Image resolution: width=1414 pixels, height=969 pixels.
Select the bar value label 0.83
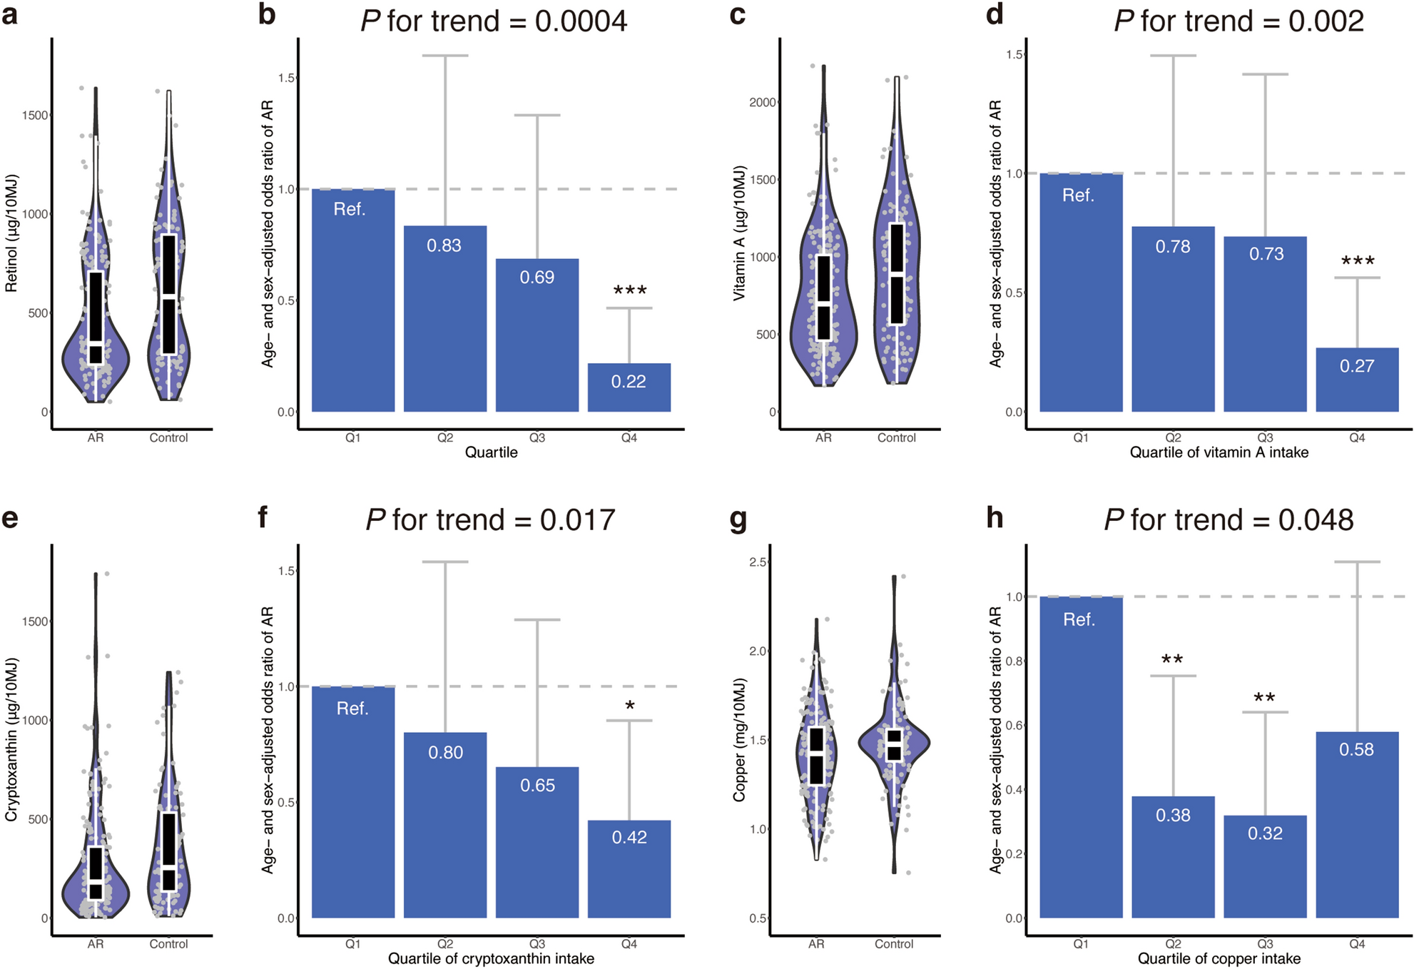click(444, 245)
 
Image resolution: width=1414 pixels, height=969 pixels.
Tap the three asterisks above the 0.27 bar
click(1358, 262)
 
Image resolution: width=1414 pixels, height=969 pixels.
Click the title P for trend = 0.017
click(490, 519)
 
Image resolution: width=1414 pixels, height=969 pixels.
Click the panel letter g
click(738, 519)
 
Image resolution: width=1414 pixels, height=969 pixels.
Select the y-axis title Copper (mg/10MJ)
click(739, 739)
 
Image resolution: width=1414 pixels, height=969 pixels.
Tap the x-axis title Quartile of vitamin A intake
click(1219, 452)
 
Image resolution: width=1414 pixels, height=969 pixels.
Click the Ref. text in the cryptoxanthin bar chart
click(352, 709)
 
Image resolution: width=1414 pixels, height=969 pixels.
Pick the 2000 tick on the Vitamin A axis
click(762, 103)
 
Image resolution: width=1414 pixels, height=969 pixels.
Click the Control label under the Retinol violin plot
click(168, 438)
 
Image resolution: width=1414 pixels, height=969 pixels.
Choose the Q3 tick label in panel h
click(1265, 944)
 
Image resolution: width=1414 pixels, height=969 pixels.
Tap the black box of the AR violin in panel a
click(96, 318)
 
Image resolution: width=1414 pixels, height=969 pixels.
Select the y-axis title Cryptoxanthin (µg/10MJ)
click(11, 739)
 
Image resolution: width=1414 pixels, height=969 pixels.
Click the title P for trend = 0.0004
click(494, 21)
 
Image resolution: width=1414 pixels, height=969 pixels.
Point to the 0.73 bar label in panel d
click(1266, 254)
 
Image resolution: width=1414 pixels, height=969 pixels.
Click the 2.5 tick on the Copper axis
click(758, 562)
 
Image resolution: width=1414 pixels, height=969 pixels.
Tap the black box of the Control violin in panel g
click(894, 745)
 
